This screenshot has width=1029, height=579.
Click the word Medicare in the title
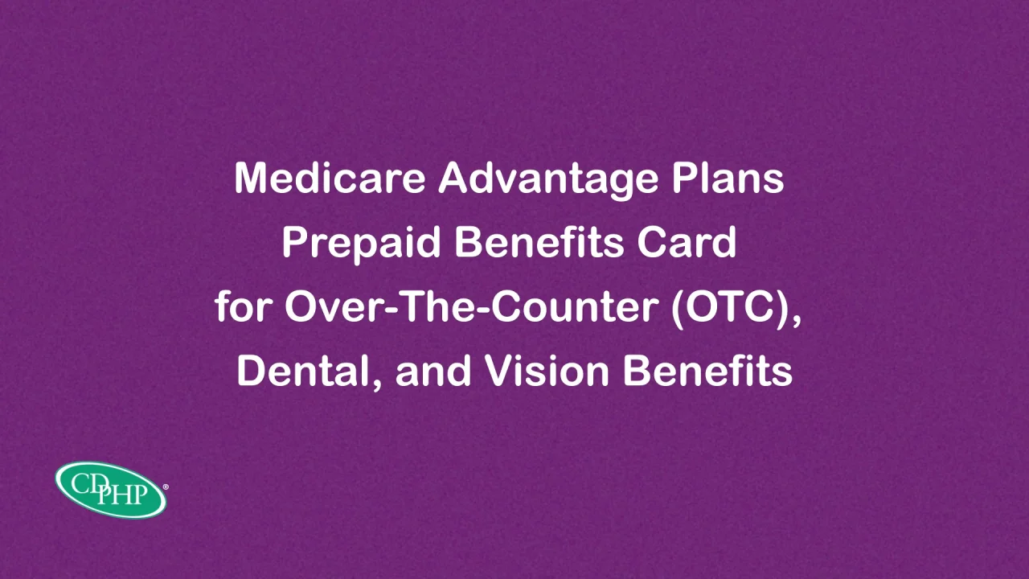tap(330, 179)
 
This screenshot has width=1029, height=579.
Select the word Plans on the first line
tap(728, 179)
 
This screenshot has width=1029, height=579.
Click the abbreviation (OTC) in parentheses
tap(729, 308)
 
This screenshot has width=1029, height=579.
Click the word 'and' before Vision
tap(433, 371)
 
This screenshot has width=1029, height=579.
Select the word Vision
tap(547, 371)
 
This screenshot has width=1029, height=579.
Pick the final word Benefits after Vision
tap(707, 371)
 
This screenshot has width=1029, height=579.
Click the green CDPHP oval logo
tap(111, 491)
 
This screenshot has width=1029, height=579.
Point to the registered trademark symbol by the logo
tap(166, 487)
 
